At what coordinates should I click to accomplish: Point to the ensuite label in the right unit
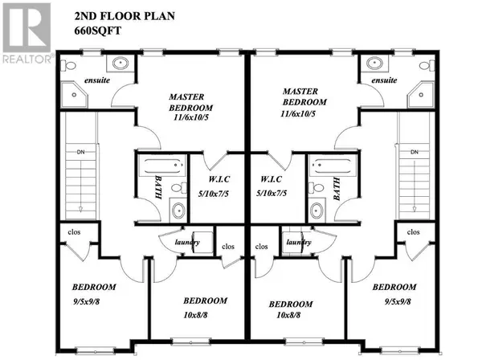[385, 80]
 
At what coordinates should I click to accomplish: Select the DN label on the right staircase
[415, 152]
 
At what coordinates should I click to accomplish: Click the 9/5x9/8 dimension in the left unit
[94, 303]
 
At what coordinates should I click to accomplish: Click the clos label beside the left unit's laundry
[227, 247]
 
